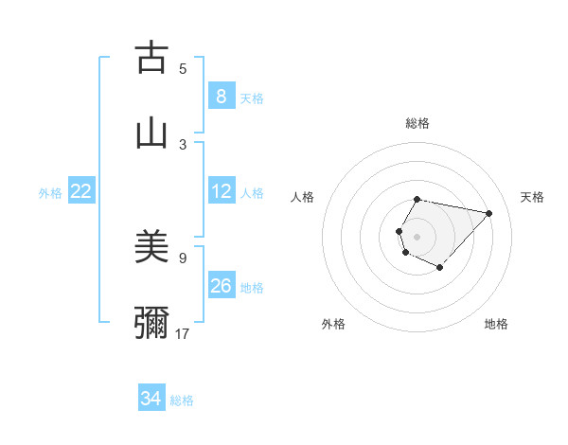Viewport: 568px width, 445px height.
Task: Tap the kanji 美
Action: click(151, 247)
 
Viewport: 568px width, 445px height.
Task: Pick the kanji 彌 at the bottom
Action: click(151, 322)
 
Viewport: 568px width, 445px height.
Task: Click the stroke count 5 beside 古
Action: click(183, 68)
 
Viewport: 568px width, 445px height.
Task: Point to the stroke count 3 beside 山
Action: click(183, 144)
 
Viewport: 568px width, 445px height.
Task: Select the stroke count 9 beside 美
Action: click(183, 257)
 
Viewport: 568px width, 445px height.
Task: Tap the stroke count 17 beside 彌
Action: click(183, 333)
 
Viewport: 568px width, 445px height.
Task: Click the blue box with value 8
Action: click(221, 96)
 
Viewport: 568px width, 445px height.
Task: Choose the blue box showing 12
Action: click(221, 191)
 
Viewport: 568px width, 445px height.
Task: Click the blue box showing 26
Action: click(221, 286)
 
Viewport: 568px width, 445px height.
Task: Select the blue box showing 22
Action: click(80, 191)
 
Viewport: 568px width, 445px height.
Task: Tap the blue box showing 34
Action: click(151, 399)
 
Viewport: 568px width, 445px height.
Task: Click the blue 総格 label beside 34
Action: click(182, 400)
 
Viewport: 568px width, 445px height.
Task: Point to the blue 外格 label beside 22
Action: click(50, 193)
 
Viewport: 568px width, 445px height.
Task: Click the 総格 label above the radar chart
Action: click(417, 123)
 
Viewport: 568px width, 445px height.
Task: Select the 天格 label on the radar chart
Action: click(532, 197)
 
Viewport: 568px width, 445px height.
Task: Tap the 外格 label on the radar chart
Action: click(333, 324)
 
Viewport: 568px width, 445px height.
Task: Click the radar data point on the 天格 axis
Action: click(488, 214)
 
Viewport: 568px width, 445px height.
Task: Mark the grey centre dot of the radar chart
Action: click(417, 236)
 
